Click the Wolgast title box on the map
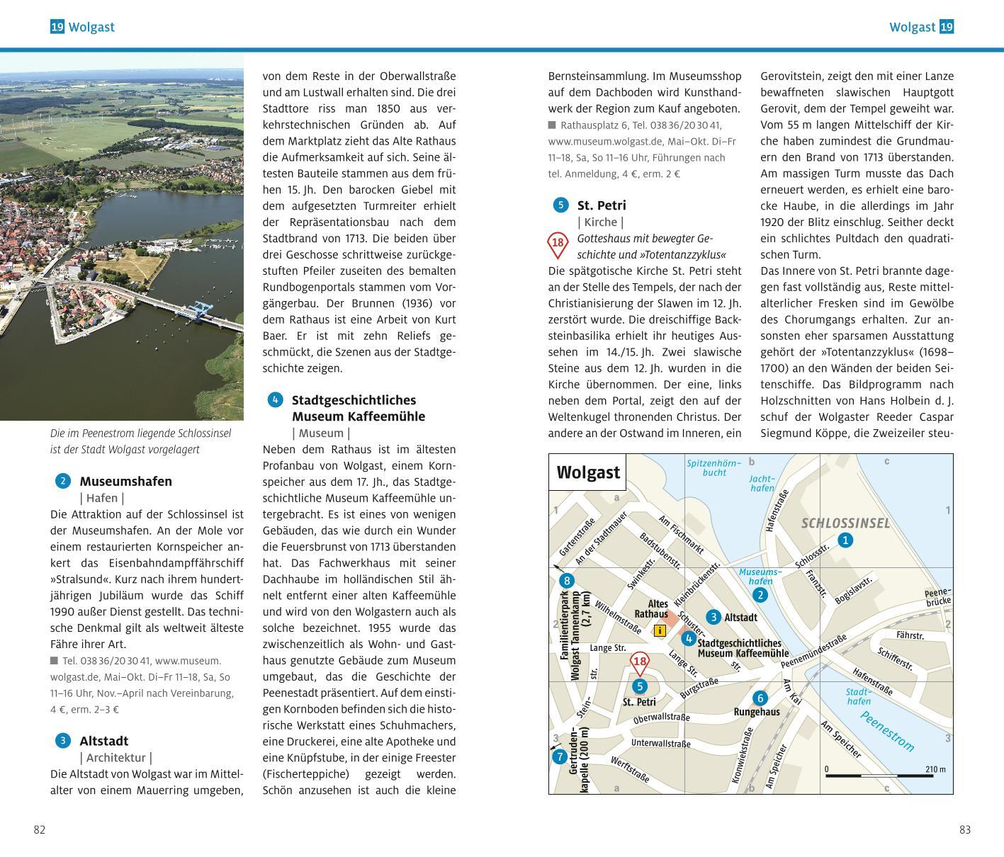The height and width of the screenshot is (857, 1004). (588, 472)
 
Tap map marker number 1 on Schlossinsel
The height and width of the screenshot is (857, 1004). (845, 540)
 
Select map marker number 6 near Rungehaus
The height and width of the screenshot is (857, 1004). (759, 698)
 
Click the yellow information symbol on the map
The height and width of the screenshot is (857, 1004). (660, 630)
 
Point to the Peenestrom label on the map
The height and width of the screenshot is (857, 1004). (887, 731)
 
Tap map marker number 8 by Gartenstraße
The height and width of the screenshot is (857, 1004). (566, 581)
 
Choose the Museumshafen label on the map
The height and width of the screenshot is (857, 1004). (760, 577)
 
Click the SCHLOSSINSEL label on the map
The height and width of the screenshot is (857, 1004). (845, 523)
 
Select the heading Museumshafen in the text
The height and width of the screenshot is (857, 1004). (125, 482)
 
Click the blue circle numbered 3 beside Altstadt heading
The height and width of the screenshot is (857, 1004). (63, 741)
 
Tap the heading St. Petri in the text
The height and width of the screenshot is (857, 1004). (602, 205)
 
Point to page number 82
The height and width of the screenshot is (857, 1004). (40, 830)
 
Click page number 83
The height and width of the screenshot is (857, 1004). (964, 830)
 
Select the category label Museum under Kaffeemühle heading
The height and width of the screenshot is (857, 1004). (321, 433)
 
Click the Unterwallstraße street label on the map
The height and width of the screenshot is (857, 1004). (660, 744)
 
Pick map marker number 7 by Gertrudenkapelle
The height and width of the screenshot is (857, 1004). (560, 756)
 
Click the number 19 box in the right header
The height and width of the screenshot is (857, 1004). (947, 27)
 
